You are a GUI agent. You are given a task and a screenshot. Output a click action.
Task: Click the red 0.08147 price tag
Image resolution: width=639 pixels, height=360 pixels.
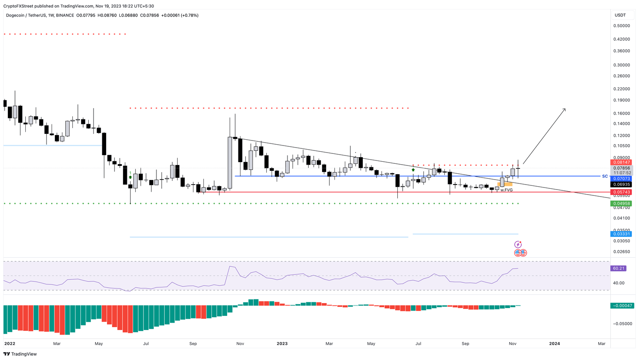coord(620,162)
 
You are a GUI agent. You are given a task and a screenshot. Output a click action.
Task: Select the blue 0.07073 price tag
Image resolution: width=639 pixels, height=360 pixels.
coord(620,178)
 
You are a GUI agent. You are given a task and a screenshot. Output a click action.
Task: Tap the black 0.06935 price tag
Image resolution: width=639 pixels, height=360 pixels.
coord(620,184)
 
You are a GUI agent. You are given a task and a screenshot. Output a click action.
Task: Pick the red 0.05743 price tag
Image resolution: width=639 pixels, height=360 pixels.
coord(620,192)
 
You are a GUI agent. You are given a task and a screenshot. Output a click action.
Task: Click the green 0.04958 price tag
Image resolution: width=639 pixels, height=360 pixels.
coord(620,203)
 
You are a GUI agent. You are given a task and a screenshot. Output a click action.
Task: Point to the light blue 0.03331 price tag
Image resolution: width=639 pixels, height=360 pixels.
coord(620,234)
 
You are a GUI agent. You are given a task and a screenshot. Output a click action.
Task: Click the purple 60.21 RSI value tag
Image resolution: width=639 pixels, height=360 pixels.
coord(619,268)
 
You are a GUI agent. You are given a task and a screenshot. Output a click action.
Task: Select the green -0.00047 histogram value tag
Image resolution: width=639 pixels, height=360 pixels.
coord(622,306)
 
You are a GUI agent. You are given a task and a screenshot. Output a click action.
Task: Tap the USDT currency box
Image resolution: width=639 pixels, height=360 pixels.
coord(620,15)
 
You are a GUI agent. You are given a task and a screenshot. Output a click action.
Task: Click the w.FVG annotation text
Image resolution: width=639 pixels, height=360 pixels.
coord(506,190)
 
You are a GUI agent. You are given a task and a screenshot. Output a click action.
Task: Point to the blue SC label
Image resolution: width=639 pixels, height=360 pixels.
coord(604,176)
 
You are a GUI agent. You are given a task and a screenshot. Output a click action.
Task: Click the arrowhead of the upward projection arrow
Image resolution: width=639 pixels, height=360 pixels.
coord(565,109)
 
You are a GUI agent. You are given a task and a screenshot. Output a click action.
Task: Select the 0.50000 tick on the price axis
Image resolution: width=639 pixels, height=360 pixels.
coord(621,26)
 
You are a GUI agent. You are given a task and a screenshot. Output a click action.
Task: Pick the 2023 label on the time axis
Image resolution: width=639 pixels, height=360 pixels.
coord(282,344)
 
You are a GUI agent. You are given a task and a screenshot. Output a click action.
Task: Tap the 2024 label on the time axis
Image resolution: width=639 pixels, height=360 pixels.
coord(554,344)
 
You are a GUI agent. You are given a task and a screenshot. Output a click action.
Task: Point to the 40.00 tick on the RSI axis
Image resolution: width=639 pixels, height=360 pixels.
coord(619,283)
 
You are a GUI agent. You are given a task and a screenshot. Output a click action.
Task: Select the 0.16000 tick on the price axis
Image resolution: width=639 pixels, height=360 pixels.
coord(621,113)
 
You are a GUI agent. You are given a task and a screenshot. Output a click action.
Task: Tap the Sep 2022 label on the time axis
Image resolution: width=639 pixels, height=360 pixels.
coord(193,344)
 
